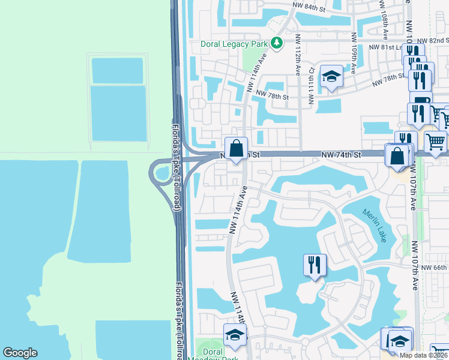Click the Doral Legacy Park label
tap(235, 44)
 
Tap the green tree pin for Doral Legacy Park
tap(277, 43)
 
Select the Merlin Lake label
tap(374, 225)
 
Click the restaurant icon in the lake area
tap(315, 263)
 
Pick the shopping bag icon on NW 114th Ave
tap(237, 147)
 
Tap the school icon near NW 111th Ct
tap(331, 76)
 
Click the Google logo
tap(20, 353)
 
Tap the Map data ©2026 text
tap(424, 355)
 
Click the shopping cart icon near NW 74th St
tap(435, 142)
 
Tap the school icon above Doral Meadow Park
tap(235, 334)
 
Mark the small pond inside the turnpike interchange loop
tap(161, 174)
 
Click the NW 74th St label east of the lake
tap(340, 155)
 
